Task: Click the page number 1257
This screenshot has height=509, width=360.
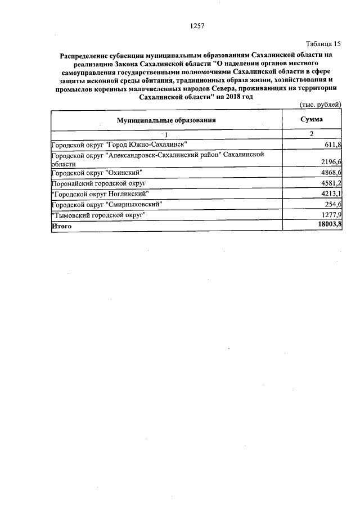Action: [x=196, y=26]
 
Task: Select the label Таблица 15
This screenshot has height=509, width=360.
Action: [x=323, y=44]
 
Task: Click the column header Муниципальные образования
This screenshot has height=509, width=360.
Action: [x=166, y=120]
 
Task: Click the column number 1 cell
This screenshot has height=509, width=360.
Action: [x=166, y=134]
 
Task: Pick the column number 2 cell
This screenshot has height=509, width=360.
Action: [x=311, y=134]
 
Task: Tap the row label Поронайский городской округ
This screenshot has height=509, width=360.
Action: [x=98, y=183]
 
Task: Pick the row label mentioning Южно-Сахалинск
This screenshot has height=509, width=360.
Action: [x=123, y=145]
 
